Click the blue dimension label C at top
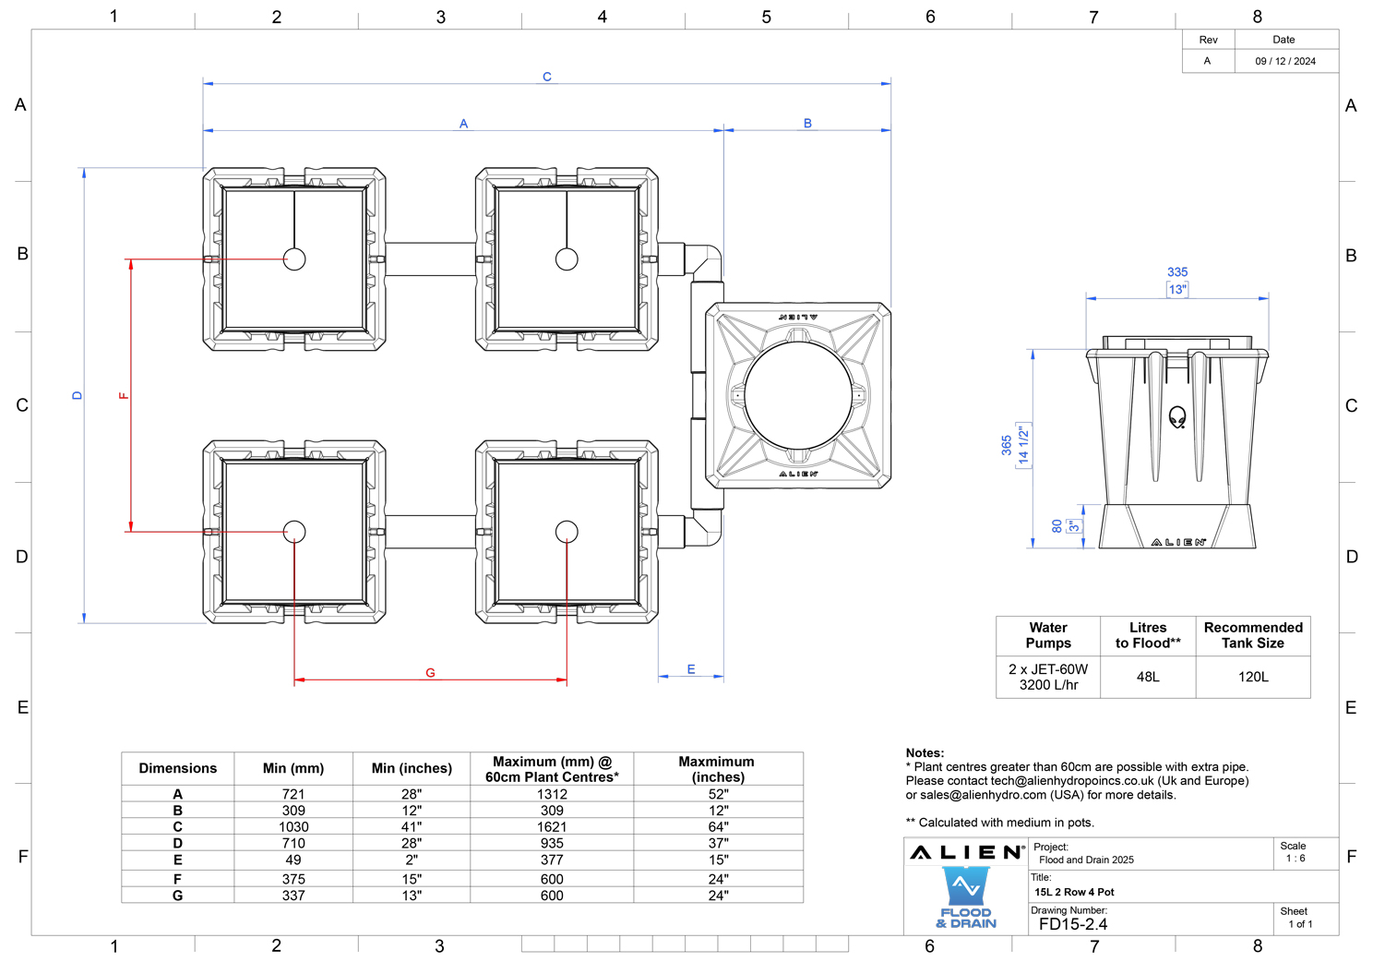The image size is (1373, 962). click(x=547, y=77)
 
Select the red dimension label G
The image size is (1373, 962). click(x=430, y=673)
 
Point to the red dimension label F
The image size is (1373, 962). click(x=124, y=395)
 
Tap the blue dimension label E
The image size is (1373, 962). click(x=691, y=669)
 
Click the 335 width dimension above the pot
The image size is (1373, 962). click(x=1176, y=271)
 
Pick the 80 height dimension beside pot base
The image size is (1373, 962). click(x=1057, y=526)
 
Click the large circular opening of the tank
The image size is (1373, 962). click(x=798, y=395)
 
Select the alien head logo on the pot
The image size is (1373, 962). click(x=1176, y=417)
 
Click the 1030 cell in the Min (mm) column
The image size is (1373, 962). click(x=293, y=826)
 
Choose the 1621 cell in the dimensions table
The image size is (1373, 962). click(x=552, y=826)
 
